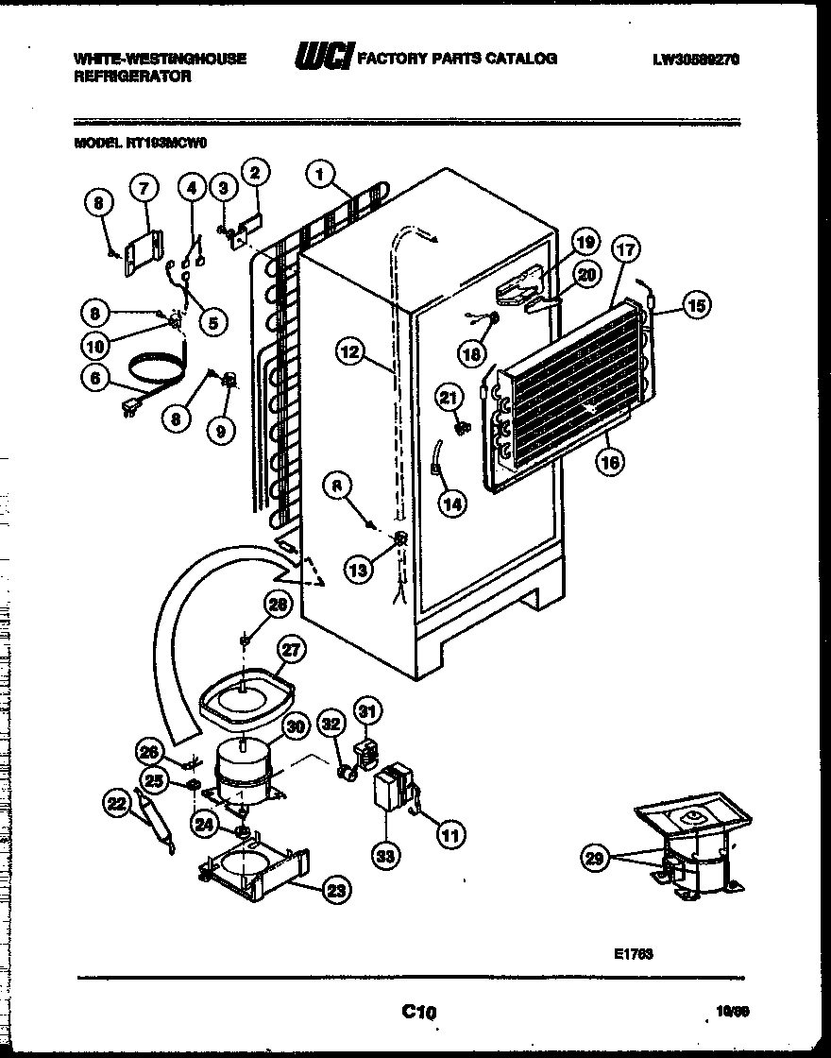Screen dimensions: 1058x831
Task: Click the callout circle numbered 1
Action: coord(321,174)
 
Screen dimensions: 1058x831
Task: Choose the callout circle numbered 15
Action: coord(696,305)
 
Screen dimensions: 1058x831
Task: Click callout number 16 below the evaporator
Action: coord(611,463)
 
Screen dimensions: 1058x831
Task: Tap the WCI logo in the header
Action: coord(323,58)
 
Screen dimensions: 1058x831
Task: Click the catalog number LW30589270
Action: coord(695,59)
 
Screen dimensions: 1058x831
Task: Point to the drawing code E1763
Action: coord(631,954)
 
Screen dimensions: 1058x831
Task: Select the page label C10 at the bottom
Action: coord(418,1013)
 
